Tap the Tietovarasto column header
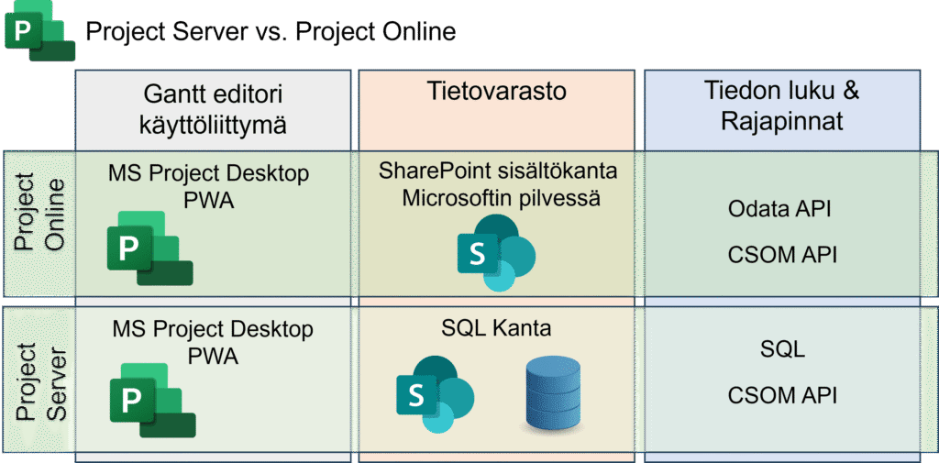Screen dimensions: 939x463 pyautogui.click(x=497, y=92)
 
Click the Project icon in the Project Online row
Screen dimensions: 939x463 pyautogui.click(x=149, y=248)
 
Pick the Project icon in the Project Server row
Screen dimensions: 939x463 pyautogui.click(x=153, y=400)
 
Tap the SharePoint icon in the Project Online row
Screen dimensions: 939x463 pyautogui.click(x=496, y=253)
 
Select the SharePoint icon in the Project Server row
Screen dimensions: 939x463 pyautogui.click(x=436, y=394)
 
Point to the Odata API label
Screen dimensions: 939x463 pyautogui.click(x=779, y=209)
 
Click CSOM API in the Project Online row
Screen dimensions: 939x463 pyautogui.click(x=782, y=255)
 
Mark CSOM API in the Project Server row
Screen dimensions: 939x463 pyautogui.click(x=782, y=395)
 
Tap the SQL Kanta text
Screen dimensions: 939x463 pyautogui.click(x=496, y=329)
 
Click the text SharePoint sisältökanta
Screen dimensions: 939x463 pyautogui.click(x=498, y=171)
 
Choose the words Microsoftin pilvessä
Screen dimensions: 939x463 pyautogui.click(x=501, y=198)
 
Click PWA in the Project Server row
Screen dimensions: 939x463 pyautogui.click(x=213, y=357)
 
